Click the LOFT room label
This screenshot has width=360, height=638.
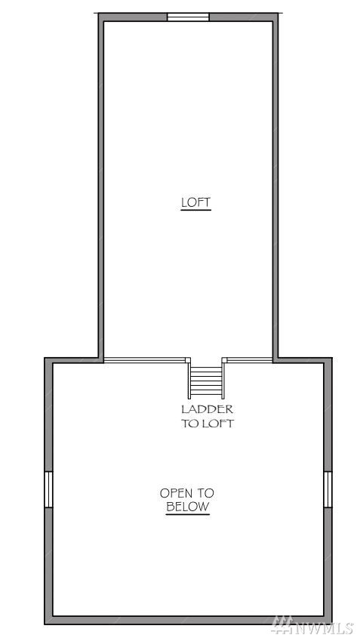pos(196,202)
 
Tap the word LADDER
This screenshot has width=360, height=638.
pos(207,409)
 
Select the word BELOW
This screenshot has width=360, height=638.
pos(187,507)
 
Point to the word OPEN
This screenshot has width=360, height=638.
pos(176,493)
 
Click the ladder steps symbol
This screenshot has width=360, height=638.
pos(206,381)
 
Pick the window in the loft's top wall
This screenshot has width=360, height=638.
pos(189,17)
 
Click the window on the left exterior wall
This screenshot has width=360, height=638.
pos(49,489)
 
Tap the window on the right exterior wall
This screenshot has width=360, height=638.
pos(328,489)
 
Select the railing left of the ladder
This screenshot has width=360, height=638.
pos(147,360)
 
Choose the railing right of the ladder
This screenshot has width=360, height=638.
pos(247,360)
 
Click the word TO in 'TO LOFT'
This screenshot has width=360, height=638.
pos(189,423)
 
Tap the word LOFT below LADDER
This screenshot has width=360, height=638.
pos(217,423)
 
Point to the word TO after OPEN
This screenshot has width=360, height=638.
pos(205,493)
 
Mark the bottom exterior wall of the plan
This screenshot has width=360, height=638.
pos(189,621)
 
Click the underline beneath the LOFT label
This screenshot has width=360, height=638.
pos(196,210)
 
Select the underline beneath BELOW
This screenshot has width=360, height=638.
pos(187,514)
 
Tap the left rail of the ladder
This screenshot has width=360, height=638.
pos(189,381)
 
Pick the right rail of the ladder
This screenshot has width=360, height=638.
pos(223,381)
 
